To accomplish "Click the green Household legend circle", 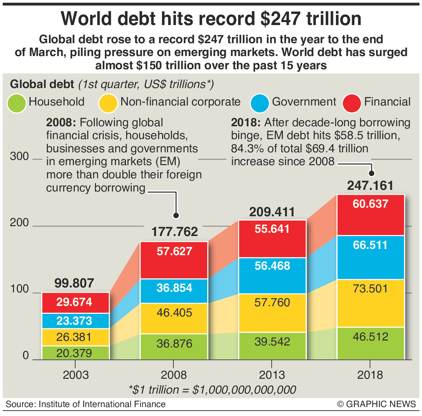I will tap(16, 104).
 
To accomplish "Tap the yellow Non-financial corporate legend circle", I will tap(108, 104).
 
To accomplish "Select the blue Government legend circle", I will tap(260, 104).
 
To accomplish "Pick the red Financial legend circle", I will tap(352, 104).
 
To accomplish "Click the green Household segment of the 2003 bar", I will tap(75, 353).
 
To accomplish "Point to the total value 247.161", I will tap(370, 186).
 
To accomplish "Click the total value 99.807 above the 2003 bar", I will tap(74, 283).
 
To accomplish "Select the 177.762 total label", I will tap(175, 232).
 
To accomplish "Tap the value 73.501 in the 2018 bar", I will tap(370, 289).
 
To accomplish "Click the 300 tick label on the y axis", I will tap(19, 156).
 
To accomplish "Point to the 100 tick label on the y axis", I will tap(19, 289).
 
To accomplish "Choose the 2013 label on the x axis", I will tap(272, 375).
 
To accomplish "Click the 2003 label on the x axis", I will tap(76, 375).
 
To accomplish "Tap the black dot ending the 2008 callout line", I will tap(176, 216).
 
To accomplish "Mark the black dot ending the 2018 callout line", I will tap(372, 173).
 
